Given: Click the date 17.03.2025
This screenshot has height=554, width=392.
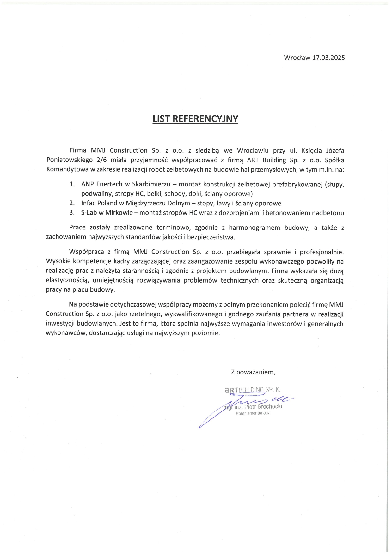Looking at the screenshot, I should pos(328,58).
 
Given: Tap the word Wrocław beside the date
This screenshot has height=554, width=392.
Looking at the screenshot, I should pos(297,58).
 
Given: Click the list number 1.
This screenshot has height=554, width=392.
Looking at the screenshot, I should pos(72,184).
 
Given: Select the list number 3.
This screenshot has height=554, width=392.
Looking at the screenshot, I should pos(72,213).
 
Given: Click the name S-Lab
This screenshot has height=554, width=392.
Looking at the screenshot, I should pos(89,213).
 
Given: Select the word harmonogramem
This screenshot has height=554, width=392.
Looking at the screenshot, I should pos(254,228).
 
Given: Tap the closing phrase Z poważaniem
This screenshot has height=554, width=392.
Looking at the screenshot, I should pos(253,372).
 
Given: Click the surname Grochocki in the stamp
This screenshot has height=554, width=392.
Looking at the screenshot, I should pos(270,406).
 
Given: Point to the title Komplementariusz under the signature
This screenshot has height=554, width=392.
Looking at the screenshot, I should pos(253,413).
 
